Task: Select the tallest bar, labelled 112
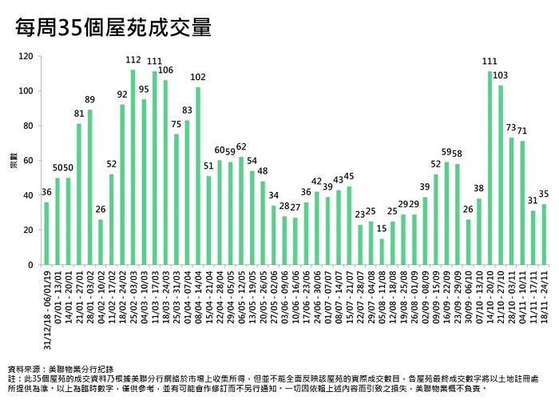pos(133,167)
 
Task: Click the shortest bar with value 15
pos(381,251)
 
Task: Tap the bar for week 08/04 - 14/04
pos(197,176)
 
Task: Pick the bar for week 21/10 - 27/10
pos(501,175)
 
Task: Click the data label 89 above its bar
pos(89,100)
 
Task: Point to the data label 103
pos(501,75)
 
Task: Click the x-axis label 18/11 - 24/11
pos(544,296)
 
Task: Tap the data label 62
pos(241,147)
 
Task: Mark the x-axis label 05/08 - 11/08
pos(381,296)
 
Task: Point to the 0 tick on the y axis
pos(30,265)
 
